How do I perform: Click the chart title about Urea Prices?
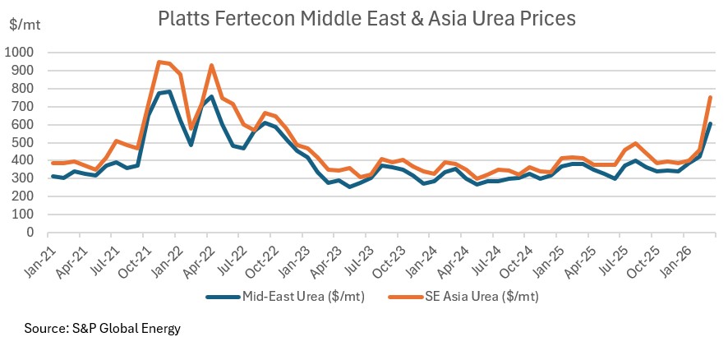click(365, 17)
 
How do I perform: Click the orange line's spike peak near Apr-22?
click(212, 65)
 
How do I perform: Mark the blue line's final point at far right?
click(711, 123)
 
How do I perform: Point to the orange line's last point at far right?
click(711, 97)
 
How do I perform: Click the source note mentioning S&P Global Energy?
click(102, 329)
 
